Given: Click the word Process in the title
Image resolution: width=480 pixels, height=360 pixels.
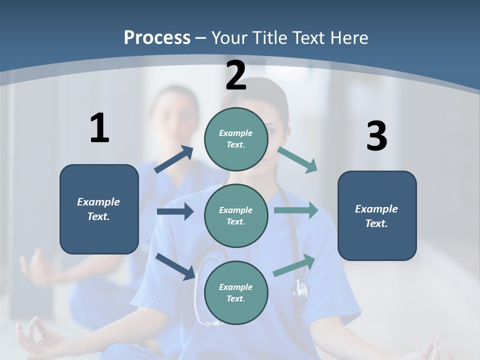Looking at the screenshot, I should click(157, 37).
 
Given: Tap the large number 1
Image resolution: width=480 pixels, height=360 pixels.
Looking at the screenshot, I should click(99, 128).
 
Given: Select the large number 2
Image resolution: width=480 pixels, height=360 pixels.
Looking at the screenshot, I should click(236, 75).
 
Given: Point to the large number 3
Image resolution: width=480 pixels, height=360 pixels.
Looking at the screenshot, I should click(376, 136).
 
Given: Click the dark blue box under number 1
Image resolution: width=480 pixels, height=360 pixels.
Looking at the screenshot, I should click(99, 209).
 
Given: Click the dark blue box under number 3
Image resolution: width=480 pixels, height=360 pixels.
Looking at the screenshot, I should click(377, 216).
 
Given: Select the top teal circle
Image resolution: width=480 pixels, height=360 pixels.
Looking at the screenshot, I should click(236, 139).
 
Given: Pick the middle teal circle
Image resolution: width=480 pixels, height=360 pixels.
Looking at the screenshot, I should click(236, 216).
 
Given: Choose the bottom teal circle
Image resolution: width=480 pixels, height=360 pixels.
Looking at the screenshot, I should click(236, 293).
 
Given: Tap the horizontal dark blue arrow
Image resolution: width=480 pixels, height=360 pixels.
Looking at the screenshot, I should click(175, 211).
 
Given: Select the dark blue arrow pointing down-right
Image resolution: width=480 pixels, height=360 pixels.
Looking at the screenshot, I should click(175, 266).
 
